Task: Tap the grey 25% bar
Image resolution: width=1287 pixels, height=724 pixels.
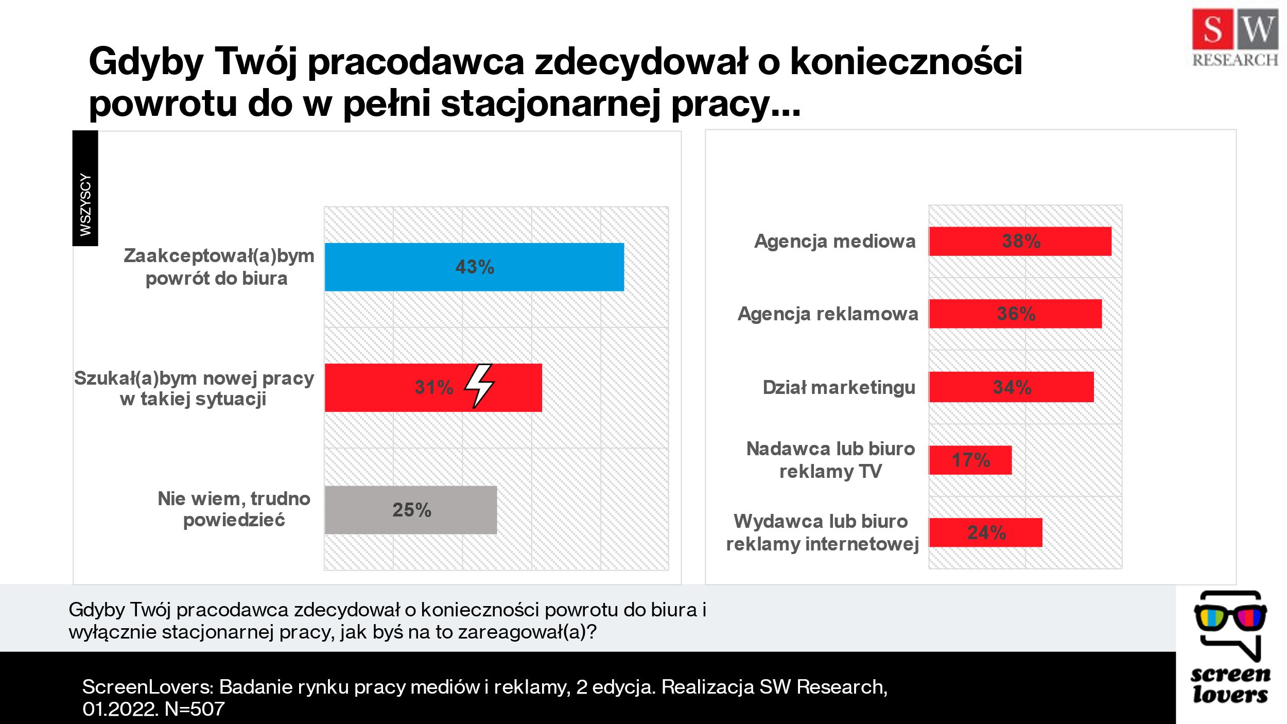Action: [410, 510]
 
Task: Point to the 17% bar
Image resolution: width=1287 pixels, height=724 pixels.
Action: [970, 460]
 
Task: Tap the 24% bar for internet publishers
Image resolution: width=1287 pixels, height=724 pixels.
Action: [985, 532]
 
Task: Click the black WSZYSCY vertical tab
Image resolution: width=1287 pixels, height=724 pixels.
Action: [85, 188]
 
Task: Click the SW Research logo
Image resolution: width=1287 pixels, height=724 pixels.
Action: [1234, 39]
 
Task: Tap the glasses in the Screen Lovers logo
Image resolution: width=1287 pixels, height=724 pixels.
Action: [1230, 617]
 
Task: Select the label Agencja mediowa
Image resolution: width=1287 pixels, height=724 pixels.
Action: [834, 241]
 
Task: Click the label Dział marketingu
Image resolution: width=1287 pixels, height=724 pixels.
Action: [839, 387]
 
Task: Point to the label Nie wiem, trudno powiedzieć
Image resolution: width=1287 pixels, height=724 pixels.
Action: [234, 509]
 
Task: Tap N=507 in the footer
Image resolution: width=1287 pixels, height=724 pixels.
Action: [195, 709]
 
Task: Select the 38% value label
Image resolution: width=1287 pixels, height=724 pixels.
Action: [1021, 241]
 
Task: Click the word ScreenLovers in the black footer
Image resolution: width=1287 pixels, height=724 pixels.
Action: [147, 687]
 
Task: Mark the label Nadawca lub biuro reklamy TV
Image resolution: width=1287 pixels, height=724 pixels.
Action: [830, 460]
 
